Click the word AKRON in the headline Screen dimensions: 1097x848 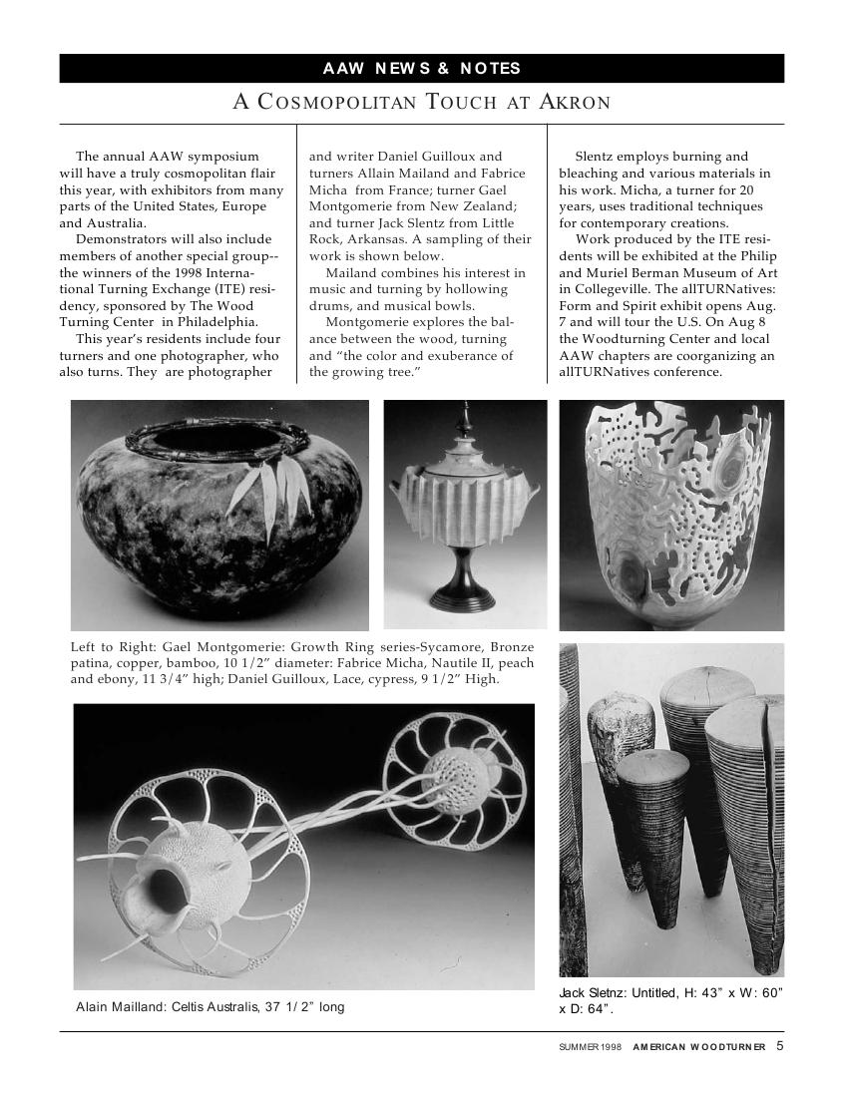(x=575, y=102)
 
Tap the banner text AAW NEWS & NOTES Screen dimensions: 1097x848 (x=421, y=69)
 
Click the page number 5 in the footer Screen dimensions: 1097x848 (x=779, y=1046)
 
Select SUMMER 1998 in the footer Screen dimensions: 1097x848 (x=590, y=1047)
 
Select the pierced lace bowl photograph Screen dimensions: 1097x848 (x=670, y=515)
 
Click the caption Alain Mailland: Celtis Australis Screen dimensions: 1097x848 (x=210, y=1007)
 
